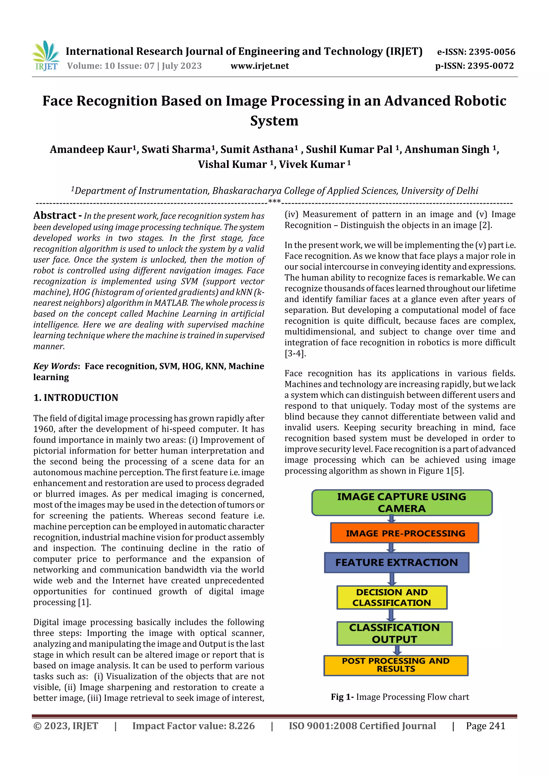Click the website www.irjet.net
[259, 66]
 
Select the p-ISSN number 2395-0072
[491, 66]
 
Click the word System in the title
[274, 121]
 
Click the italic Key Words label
[55, 366]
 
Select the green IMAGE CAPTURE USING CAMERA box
[402, 503]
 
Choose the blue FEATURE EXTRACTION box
[396, 562]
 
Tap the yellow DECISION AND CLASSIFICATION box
[392, 597]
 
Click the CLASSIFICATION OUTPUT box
[394, 633]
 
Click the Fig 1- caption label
[342, 697]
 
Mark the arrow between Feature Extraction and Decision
[392, 579]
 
